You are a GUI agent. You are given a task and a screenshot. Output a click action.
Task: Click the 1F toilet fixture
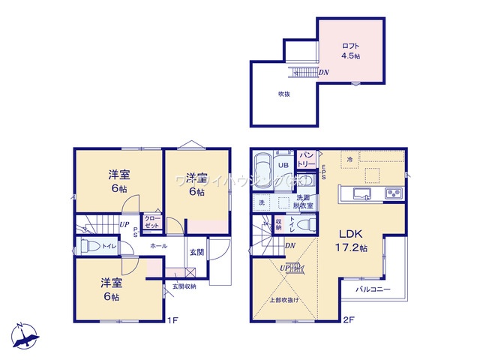coord(88,246)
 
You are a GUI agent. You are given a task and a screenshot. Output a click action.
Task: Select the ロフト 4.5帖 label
coord(351,49)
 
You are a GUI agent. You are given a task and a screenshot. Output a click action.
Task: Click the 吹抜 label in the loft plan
coord(284,94)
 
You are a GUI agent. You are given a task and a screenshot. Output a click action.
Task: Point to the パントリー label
coord(307,159)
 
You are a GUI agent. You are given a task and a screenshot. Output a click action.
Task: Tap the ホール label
coord(159,245)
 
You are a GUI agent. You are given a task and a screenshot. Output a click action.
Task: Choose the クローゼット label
coord(152,222)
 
